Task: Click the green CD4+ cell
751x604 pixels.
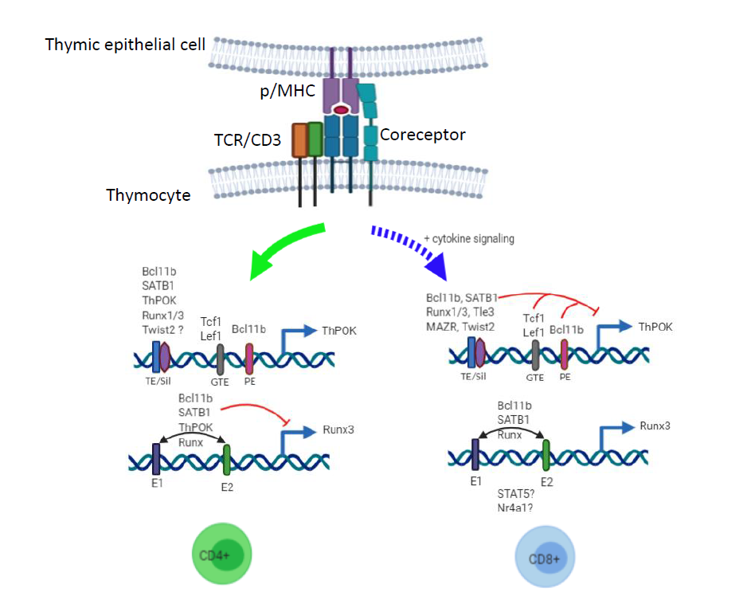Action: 221,554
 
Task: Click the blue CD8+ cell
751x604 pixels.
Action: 545,556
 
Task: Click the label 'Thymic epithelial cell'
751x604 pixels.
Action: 125,45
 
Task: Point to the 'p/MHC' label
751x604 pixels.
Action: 287,91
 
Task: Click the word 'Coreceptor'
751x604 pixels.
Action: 422,135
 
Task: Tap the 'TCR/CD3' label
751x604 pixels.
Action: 247,140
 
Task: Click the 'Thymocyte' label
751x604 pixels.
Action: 148,195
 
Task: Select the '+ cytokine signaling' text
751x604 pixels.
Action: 469,239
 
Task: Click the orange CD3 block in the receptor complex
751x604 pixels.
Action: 299,140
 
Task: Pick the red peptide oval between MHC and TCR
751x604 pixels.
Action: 341,110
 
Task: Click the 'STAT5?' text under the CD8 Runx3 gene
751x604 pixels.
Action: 515,494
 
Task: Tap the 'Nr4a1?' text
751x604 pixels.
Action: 515,508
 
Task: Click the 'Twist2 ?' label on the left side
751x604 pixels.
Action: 162,330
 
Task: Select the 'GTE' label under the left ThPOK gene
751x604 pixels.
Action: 220,382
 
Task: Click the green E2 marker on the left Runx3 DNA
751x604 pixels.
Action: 226,460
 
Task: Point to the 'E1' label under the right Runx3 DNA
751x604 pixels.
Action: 475,481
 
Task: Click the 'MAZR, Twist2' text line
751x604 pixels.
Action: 460,327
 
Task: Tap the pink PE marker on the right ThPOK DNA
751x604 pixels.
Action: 564,355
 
